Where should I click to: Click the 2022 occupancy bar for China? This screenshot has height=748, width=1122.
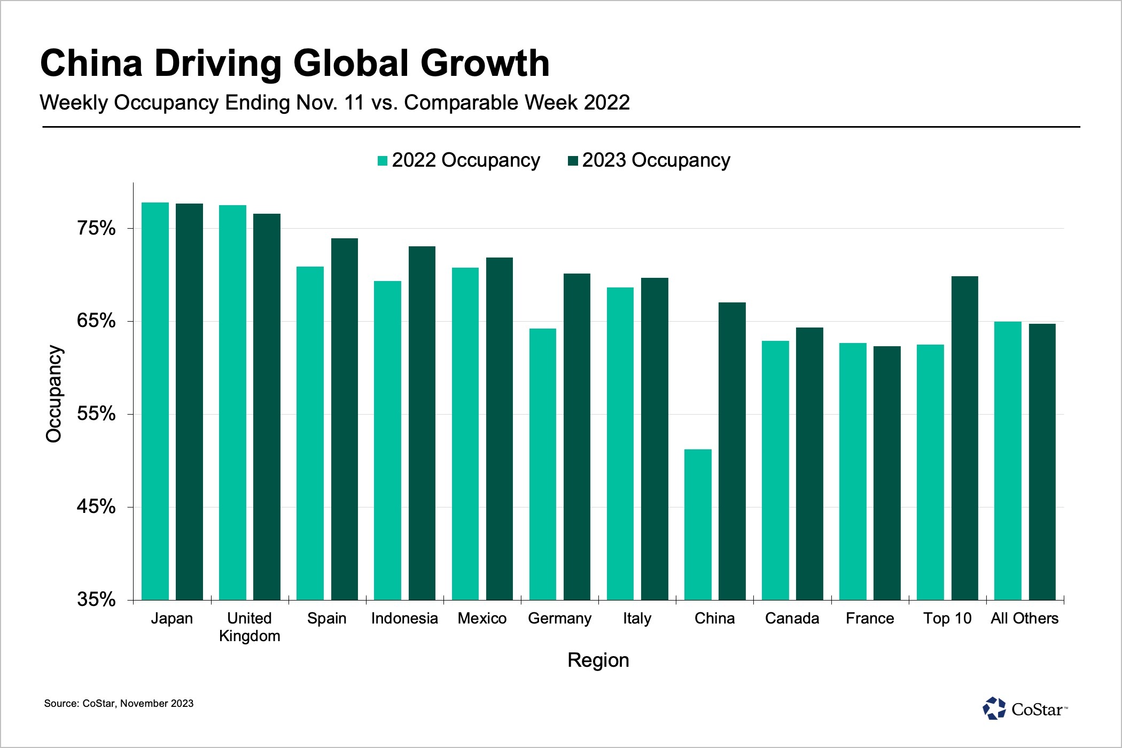(698, 525)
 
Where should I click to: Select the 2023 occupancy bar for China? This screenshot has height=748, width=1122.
(732, 451)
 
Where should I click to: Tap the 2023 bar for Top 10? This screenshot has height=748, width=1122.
(964, 438)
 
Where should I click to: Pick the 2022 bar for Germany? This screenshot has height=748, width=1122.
(542, 464)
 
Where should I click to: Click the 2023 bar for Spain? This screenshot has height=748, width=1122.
(345, 419)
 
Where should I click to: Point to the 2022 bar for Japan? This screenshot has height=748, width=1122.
(155, 401)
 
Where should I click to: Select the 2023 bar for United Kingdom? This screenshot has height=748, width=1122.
(267, 407)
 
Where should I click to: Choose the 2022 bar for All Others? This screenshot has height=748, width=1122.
(1007, 461)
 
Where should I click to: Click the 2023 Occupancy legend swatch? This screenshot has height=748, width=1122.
(573, 161)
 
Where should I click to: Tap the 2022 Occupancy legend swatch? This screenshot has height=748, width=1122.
(383, 161)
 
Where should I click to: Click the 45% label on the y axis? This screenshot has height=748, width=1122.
(97, 507)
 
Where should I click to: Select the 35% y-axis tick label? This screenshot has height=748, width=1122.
(97, 599)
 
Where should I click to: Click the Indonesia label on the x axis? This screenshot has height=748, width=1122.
(404, 619)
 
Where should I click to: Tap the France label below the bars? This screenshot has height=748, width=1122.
(870, 619)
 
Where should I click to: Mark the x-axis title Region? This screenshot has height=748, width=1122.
(598, 660)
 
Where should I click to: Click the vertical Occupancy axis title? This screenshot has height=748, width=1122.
(54, 394)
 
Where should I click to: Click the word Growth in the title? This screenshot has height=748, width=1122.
(485, 63)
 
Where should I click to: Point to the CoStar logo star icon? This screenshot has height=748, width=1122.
(994, 708)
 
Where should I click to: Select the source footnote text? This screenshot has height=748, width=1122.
(119, 704)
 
